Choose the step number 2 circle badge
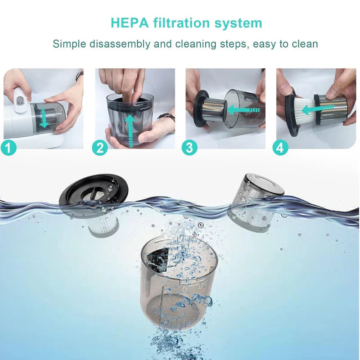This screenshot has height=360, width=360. click(x=100, y=147)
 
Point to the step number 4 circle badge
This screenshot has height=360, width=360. click(x=280, y=147)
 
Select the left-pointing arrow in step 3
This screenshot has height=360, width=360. click(x=243, y=109)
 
